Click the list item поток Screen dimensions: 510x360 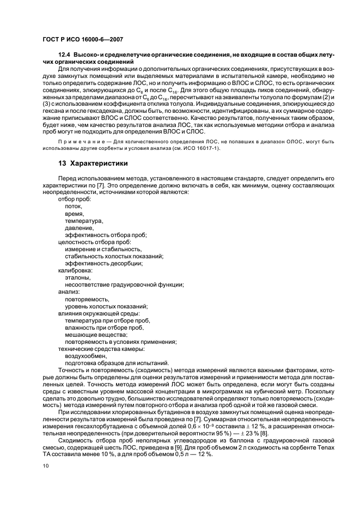point(74,207)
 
